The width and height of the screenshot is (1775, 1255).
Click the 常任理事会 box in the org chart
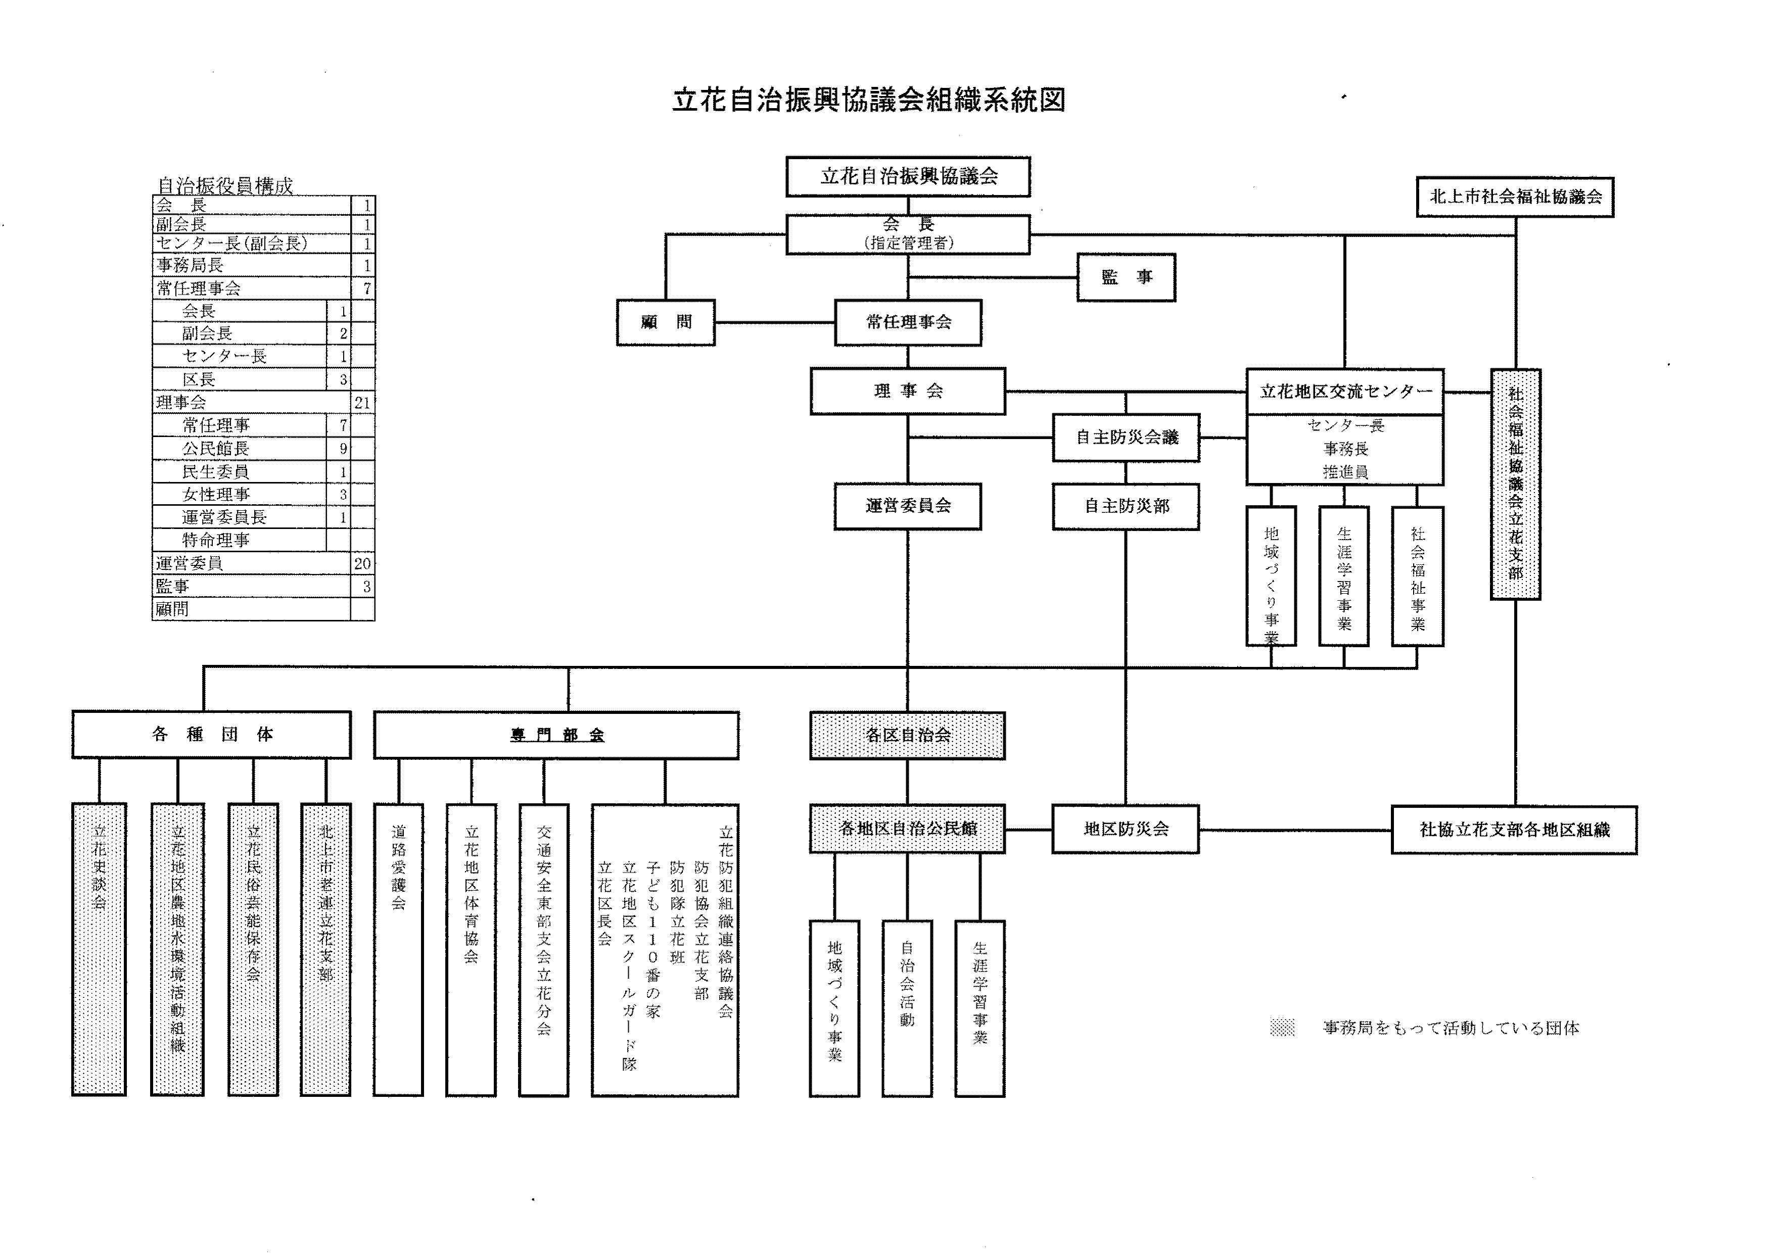908,322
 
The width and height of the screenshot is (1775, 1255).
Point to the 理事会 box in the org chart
908,391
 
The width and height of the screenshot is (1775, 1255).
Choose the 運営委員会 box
908,506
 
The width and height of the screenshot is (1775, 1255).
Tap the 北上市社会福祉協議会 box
1515,197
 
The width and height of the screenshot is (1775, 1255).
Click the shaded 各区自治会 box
908,735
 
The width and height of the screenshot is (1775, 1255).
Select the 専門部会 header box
556,735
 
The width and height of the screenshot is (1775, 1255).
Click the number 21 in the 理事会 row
362,403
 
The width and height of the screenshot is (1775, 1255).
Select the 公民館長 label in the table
216,448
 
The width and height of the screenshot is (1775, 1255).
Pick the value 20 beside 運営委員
362,563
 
